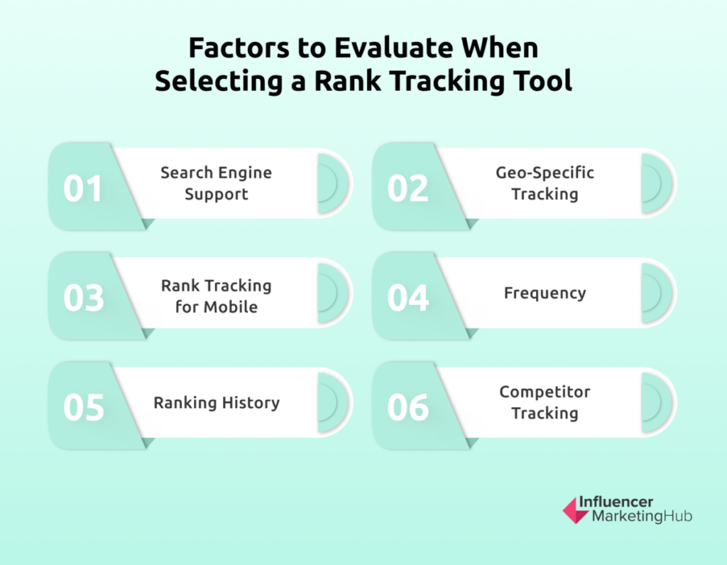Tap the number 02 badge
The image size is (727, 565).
click(x=408, y=188)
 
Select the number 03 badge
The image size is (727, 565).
click(x=84, y=298)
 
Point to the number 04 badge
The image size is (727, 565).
click(x=408, y=298)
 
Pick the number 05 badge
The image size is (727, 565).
click(x=84, y=408)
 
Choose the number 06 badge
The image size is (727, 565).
click(x=408, y=408)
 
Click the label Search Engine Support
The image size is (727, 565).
click(x=216, y=183)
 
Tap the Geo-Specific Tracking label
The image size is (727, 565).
click(x=545, y=183)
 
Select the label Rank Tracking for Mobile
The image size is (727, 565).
click(x=216, y=296)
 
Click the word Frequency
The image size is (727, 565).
click(x=545, y=293)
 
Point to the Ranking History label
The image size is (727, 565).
click(x=217, y=402)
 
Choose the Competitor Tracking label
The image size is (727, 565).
click(x=545, y=402)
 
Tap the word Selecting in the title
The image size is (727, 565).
click(x=219, y=81)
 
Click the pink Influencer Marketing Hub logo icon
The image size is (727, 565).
click(x=575, y=511)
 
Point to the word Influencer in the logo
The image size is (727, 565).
click(x=616, y=502)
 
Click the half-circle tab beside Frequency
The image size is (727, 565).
click(x=657, y=293)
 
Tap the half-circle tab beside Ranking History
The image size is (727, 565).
click(x=333, y=402)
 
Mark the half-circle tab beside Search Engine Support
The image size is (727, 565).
click(x=333, y=183)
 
